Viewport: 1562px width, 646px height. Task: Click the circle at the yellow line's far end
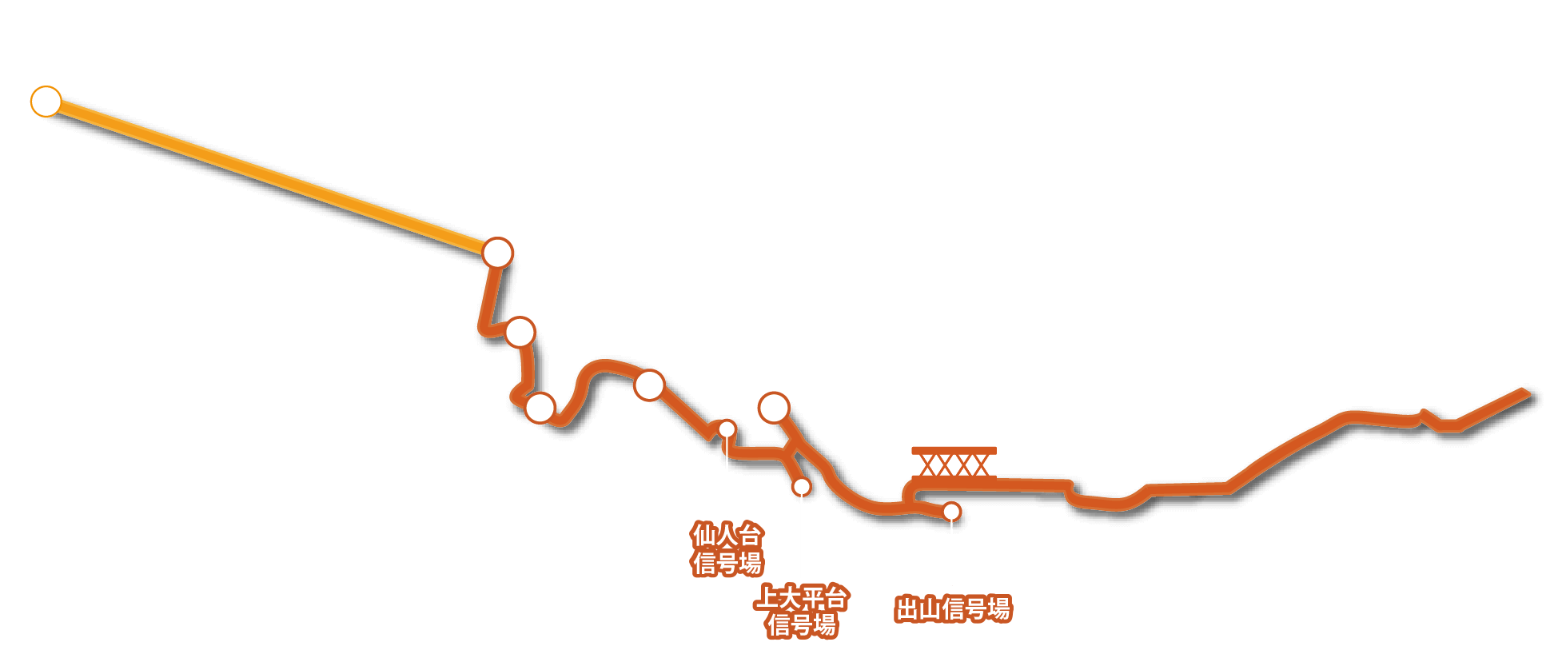46,102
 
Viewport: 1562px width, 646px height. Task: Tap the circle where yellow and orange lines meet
497,253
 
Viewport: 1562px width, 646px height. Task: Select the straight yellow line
272,177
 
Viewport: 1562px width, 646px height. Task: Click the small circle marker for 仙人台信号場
727,429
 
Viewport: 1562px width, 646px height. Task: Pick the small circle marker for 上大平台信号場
801,486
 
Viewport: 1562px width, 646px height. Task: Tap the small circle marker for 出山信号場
951,511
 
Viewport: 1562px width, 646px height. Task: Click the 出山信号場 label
954,609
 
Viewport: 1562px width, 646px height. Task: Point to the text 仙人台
727,534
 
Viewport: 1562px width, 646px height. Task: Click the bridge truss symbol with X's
954,463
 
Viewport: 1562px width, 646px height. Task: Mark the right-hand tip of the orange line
1528,393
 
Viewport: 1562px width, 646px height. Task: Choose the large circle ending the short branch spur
774,408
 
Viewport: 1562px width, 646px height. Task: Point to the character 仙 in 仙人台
703,534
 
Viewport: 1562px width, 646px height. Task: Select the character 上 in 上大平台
767,596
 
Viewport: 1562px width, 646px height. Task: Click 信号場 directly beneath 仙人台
727,563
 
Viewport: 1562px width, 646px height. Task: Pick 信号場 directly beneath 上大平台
802,624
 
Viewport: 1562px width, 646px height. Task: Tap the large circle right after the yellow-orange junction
520,331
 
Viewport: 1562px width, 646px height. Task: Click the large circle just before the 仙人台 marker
649,385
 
